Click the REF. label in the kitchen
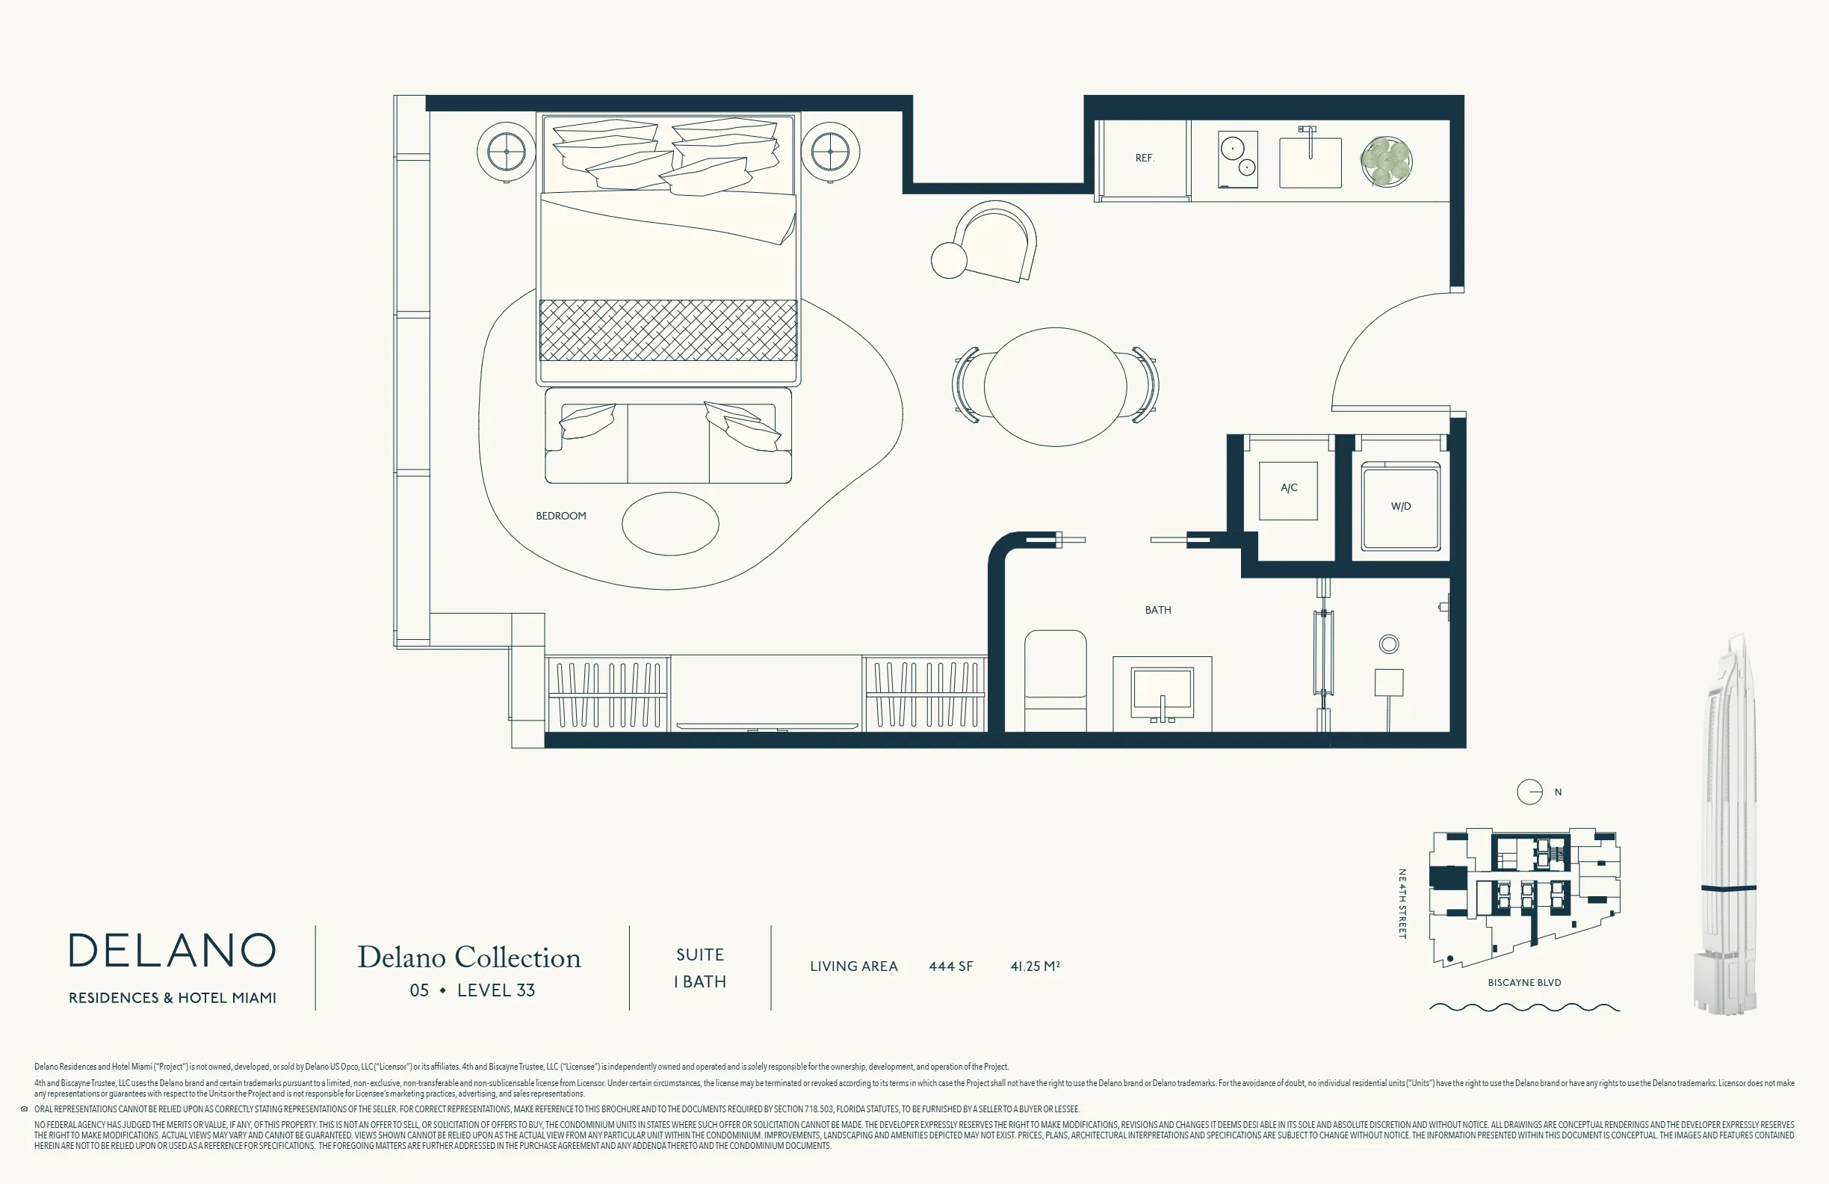1145,158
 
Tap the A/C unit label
1289,487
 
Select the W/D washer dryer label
1400,506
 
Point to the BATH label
1158,610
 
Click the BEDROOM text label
561,516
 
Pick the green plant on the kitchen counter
1387,161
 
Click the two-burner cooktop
1238,160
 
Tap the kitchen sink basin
1310,162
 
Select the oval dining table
1055,386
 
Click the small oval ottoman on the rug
670,523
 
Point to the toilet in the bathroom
1055,680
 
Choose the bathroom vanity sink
1162,694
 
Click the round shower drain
1389,644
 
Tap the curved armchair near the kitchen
994,241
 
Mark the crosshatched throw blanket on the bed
668,330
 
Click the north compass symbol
1529,792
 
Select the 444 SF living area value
950,966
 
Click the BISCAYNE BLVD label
1525,983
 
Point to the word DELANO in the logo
172,951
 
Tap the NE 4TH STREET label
1402,904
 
